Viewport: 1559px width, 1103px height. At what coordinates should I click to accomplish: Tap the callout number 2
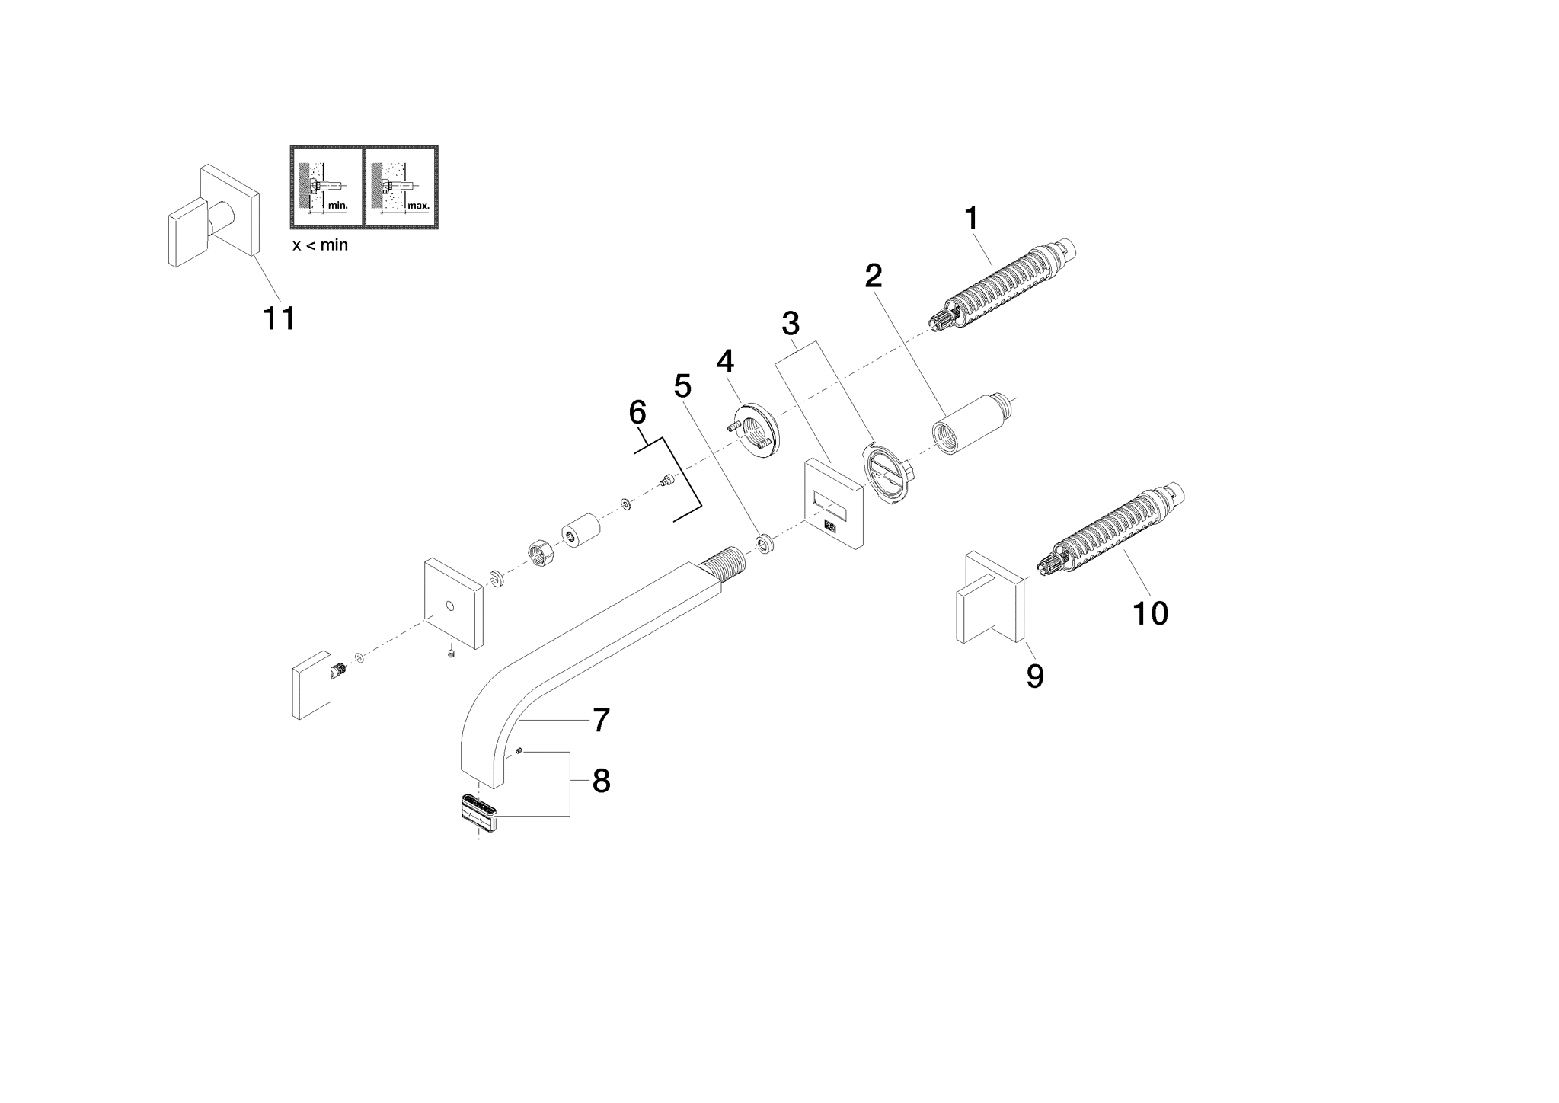tap(874, 276)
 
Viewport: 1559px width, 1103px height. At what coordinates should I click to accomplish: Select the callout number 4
tap(725, 361)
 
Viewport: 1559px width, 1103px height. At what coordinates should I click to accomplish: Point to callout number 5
tap(682, 387)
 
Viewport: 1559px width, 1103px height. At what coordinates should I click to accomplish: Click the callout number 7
tap(601, 721)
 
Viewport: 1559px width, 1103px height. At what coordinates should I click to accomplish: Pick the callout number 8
tap(601, 782)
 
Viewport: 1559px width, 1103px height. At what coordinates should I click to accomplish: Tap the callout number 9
tap(1035, 676)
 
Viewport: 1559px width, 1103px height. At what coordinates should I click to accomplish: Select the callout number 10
tap(1151, 612)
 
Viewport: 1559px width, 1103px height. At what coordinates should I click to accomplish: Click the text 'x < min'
tap(320, 246)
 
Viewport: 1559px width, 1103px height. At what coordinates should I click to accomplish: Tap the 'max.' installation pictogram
tap(401, 187)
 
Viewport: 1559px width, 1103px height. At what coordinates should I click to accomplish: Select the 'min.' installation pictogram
tap(327, 187)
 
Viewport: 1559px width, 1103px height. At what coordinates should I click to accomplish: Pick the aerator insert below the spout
tap(477, 813)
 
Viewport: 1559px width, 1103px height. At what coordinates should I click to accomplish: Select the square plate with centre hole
tap(454, 603)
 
